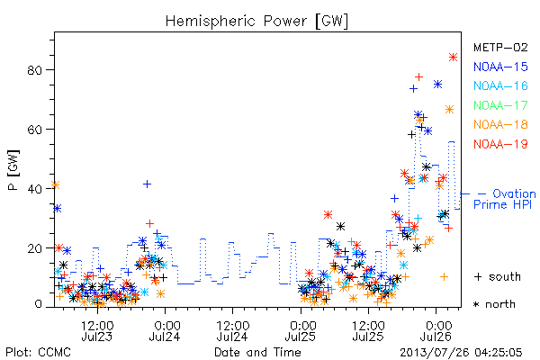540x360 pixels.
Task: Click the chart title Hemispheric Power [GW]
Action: pyautogui.click(x=256, y=22)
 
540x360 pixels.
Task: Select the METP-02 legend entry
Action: pyautogui.click(x=500, y=47)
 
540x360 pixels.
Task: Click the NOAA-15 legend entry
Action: pyautogui.click(x=500, y=67)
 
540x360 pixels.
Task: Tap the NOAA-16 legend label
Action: pyautogui.click(x=500, y=85)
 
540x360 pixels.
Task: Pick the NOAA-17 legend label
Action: pyautogui.click(x=500, y=105)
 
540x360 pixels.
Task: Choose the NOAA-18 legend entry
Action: pyautogui.click(x=500, y=124)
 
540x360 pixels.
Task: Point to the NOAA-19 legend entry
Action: pyautogui.click(x=500, y=144)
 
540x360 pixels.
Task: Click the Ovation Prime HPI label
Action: pyautogui.click(x=504, y=199)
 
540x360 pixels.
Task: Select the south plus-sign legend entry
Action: pyautogui.click(x=498, y=276)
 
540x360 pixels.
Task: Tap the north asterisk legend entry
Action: pyautogui.click(x=494, y=304)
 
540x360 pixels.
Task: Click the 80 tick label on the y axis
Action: pyautogui.click(x=34, y=70)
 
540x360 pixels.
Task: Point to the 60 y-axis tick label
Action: pyautogui.click(x=34, y=130)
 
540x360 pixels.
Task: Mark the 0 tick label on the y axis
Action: pyautogui.click(x=38, y=304)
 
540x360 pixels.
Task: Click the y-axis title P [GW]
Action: pyautogui.click(x=13, y=170)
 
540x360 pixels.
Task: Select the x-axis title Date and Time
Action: pyautogui.click(x=257, y=353)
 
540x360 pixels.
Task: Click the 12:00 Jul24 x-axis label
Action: pyautogui.click(x=233, y=331)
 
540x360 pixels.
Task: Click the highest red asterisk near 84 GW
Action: pyautogui.click(x=454, y=58)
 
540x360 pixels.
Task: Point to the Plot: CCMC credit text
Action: pyautogui.click(x=38, y=353)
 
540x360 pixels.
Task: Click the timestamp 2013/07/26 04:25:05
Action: pyautogui.click(x=461, y=353)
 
